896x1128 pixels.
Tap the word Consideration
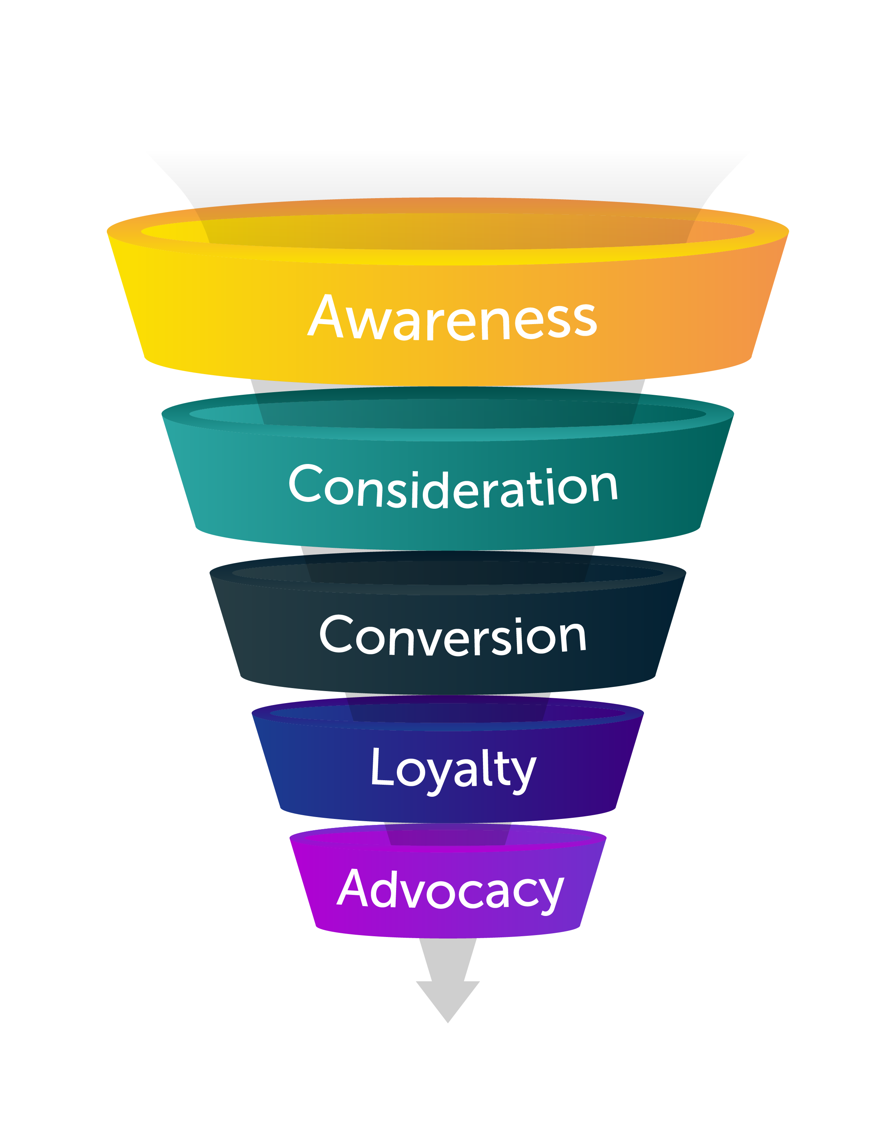coord(453,487)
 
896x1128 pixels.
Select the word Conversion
coord(453,636)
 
